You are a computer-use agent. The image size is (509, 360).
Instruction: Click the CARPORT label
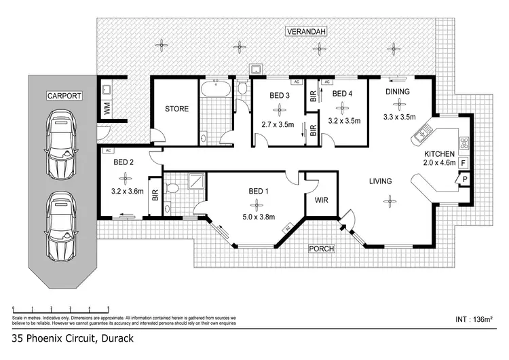(x=64, y=96)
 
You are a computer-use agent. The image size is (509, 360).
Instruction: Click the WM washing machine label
(x=107, y=107)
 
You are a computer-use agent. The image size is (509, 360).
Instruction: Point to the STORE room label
(x=176, y=109)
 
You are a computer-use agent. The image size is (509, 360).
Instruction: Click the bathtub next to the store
(x=215, y=88)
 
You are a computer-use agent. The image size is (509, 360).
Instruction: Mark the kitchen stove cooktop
(x=465, y=143)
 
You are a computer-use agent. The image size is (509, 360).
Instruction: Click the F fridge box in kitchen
(x=464, y=163)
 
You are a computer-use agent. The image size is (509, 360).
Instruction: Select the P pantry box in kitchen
(x=465, y=179)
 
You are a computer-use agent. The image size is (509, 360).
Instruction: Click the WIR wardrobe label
(x=321, y=200)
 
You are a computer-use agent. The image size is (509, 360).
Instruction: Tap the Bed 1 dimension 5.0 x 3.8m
(x=257, y=218)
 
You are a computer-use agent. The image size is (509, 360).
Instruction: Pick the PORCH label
(x=322, y=249)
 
